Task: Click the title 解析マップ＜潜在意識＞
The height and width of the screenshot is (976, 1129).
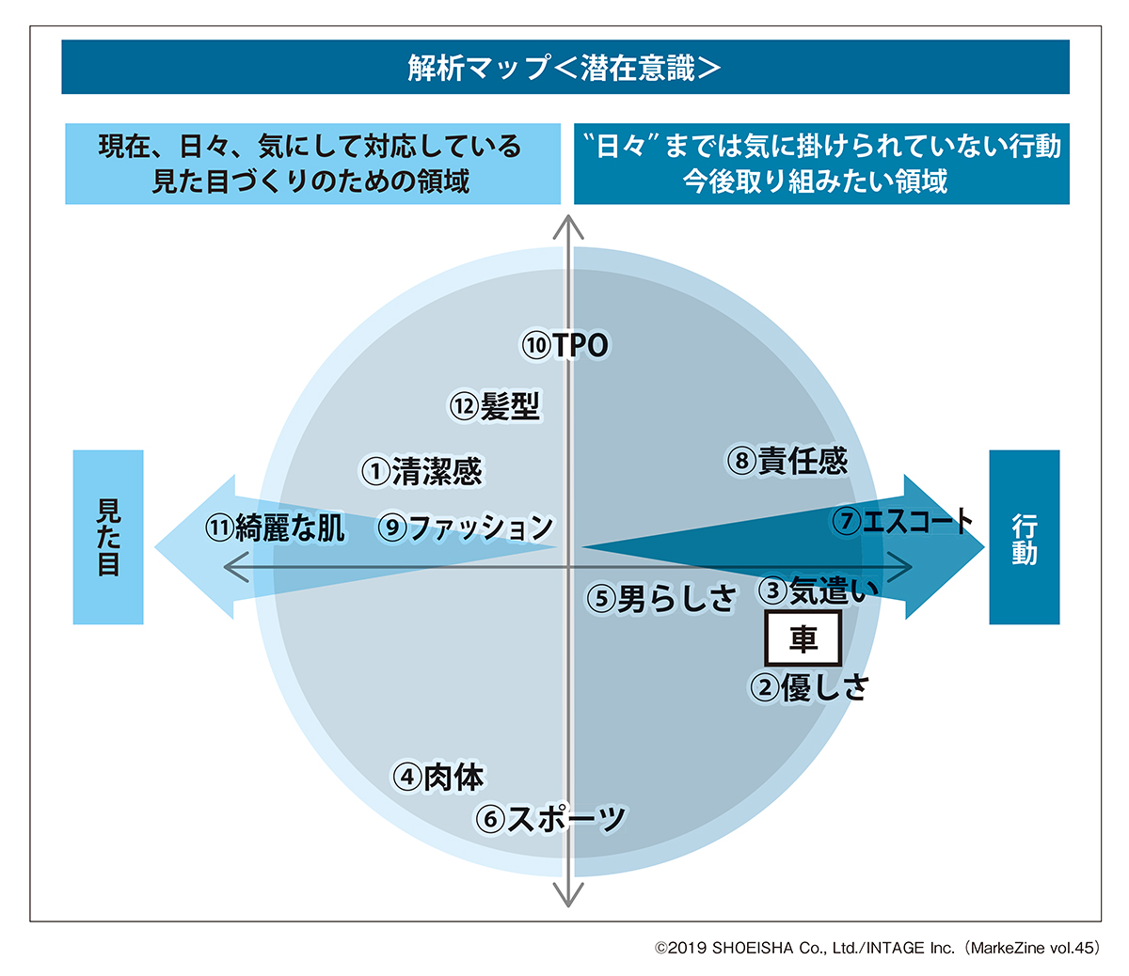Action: (x=564, y=68)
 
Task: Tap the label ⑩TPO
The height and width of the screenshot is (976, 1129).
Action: (x=565, y=345)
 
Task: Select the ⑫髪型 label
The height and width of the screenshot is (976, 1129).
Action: (x=495, y=406)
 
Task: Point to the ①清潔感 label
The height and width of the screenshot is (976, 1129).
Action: (x=421, y=470)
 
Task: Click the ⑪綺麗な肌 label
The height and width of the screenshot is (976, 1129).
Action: (x=275, y=527)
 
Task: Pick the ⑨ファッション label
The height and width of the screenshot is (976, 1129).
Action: (x=466, y=527)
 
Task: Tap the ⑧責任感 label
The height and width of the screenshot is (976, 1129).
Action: (x=787, y=461)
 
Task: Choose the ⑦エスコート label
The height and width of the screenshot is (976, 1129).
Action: (x=902, y=521)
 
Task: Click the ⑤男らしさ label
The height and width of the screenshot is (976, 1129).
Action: (x=660, y=598)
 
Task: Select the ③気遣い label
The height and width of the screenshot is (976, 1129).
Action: (x=818, y=590)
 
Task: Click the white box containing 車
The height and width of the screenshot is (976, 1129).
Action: (x=803, y=639)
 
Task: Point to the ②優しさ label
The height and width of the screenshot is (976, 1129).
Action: (x=809, y=687)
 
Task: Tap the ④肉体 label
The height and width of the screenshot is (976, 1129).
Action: (x=438, y=777)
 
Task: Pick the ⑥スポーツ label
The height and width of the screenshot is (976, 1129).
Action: (x=550, y=819)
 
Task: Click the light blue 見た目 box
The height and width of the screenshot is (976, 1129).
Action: (x=108, y=537)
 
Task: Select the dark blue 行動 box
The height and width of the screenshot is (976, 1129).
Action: (x=1024, y=537)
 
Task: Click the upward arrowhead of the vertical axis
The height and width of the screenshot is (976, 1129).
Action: (x=567, y=226)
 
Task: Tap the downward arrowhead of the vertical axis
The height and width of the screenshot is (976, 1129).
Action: (x=567, y=896)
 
